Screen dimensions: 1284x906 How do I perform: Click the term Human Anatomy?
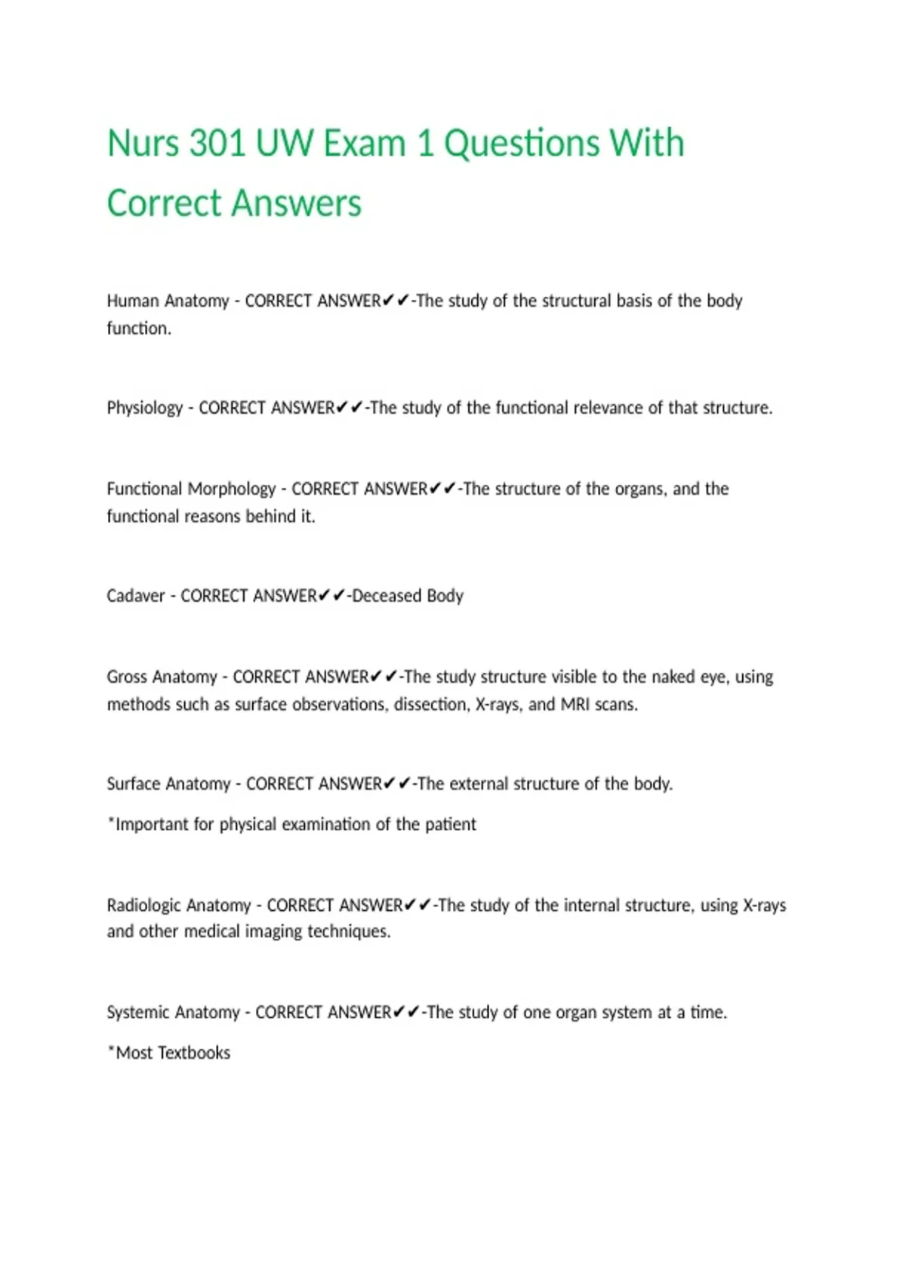[168, 301]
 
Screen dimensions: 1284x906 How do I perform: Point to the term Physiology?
[145, 408]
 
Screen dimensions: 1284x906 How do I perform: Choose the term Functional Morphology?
[191, 489]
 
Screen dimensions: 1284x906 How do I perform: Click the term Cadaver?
[136, 596]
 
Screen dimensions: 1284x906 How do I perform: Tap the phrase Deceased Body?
[408, 596]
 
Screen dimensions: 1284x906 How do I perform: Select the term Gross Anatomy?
[162, 677]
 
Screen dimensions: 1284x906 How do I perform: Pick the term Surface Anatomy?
[168, 784]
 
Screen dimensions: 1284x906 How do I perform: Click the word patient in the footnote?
[451, 824]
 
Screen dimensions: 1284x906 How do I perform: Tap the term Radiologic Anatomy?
[179, 905]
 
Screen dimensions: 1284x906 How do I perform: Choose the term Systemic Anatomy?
[173, 1012]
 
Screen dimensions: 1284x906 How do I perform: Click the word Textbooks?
[194, 1053]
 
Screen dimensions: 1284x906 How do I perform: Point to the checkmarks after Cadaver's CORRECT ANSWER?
[331, 596]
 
